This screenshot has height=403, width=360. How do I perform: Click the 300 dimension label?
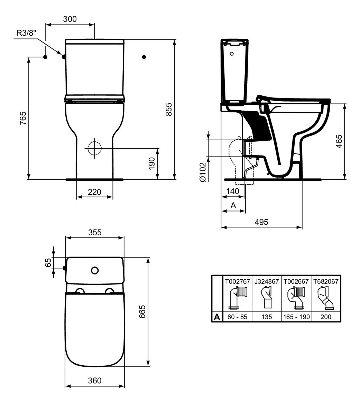tap(70, 19)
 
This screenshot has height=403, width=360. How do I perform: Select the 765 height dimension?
tap(23, 119)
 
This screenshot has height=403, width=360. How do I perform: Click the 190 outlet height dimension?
tap(152, 163)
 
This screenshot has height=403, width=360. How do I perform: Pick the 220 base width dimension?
tap(94, 191)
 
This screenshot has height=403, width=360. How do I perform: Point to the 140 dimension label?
tap(233, 191)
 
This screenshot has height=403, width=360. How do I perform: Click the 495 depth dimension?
tap(261, 222)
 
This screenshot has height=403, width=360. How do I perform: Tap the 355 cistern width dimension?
tap(94, 232)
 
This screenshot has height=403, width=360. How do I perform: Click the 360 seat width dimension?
tap(94, 381)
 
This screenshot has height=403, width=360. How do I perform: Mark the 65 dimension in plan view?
tap(48, 262)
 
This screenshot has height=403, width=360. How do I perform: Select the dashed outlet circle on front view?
tap(94, 149)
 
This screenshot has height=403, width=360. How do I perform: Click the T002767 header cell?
tap(237, 281)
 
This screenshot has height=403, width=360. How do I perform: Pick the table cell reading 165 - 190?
tap(296, 317)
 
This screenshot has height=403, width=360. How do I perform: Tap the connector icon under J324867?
tap(267, 298)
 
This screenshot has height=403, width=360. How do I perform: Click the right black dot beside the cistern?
tap(144, 57)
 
